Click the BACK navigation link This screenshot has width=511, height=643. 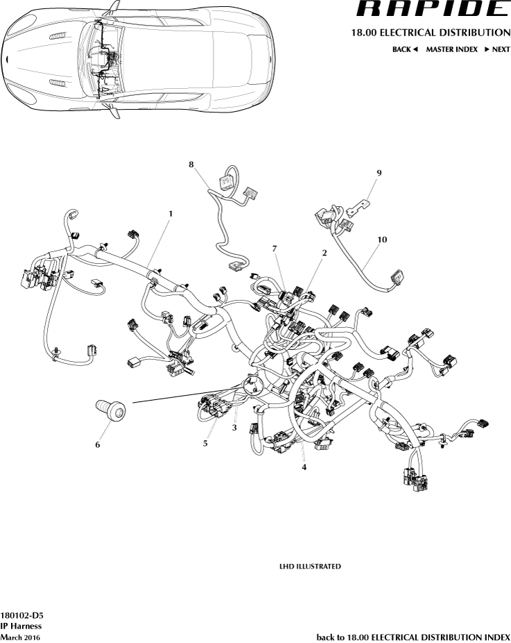click(x=405, y=50)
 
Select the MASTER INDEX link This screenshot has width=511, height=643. click(x=451, y=50)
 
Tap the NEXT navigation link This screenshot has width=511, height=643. click(x=497, y=50)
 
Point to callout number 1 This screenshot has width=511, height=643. click(x=170, y=213)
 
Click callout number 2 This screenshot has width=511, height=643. click(x=324, y=253)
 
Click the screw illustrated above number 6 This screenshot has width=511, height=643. click(x=111, y=410)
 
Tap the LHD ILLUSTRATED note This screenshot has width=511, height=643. click(x=310, y=567)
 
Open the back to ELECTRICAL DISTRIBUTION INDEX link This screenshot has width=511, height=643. click(x=413, y=637)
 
